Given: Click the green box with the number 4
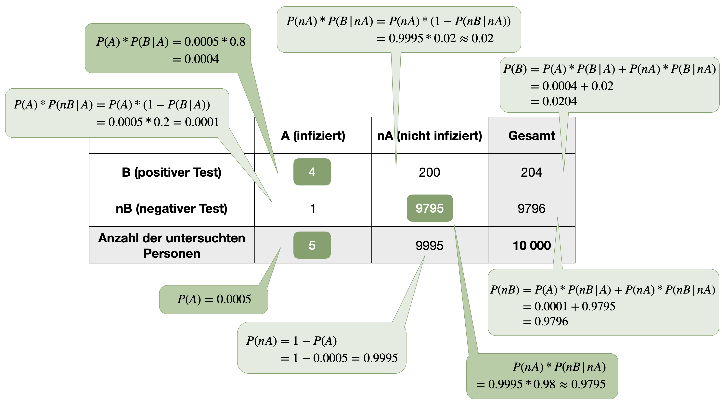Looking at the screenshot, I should pos(312,172).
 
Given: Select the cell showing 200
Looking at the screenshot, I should pos(429,172).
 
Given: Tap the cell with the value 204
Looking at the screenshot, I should pos(531,172).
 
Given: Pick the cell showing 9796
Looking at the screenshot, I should pos(531,208).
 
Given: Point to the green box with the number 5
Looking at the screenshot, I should pos(312,245).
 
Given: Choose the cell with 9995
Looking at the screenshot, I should pos(429,246).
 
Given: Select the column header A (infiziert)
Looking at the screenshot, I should pos(313,136).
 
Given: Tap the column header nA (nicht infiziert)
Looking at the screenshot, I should pos(429,136).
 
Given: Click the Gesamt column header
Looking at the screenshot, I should pos(531,136).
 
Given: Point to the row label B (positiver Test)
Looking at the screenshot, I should pos(172,172).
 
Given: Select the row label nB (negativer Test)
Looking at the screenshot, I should pos(172,208).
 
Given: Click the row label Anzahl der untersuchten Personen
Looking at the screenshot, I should pos(172,246).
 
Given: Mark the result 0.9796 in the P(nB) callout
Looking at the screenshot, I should pos(551,321).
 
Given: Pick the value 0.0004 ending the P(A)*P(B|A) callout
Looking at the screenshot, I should pos(201,59).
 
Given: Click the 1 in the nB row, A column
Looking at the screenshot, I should pos(313,208).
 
